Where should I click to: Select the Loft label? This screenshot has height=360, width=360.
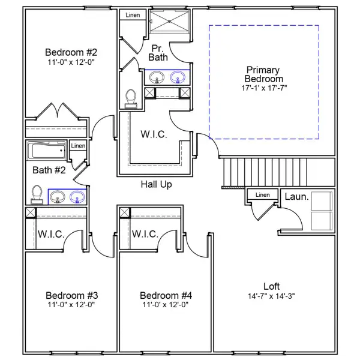tap(271, 286)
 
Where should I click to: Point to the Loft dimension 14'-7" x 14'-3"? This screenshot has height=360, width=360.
tap(271, 296)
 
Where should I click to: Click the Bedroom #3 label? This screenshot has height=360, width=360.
tap(71, 295)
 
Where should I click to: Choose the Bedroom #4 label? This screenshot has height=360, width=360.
tap(165, 295)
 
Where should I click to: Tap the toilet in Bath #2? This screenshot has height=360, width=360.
tap(37, 195)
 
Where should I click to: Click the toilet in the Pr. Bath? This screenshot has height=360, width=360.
tap(131, 98)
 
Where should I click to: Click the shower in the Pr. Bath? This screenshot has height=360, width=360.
tap(170, 20)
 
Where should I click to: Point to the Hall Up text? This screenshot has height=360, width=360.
tap(156, 184)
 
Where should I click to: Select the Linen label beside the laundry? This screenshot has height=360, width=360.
tap(262, 195)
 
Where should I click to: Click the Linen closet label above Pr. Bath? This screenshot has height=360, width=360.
tap(133, 14)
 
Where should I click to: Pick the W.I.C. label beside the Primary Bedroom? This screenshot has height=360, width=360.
tap(154, 134)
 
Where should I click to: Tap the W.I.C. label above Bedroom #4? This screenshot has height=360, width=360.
tap(145, 233)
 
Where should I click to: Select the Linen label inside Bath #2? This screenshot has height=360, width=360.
tap(78, 146)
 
